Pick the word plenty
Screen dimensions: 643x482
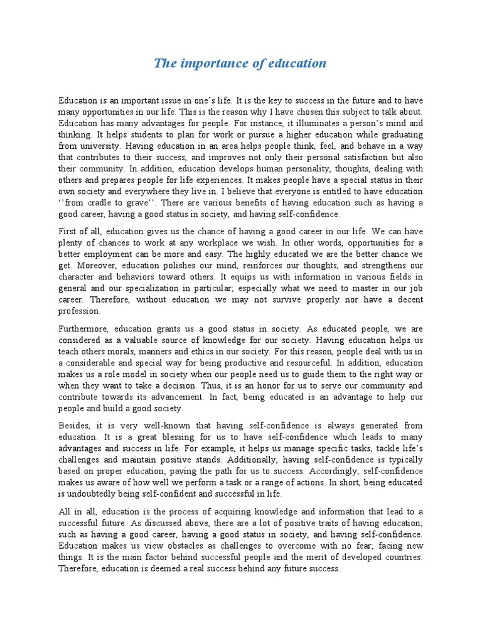[x=71, y=243]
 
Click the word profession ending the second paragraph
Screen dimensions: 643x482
[x=79, y=311]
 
